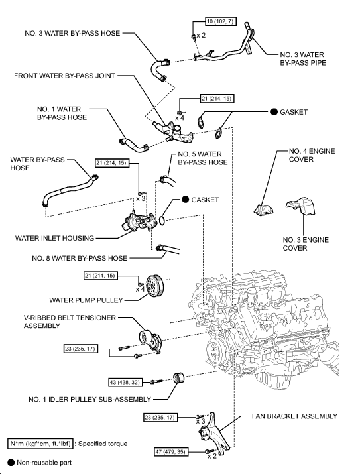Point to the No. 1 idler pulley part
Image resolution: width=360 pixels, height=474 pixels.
(x=178, y=381)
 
